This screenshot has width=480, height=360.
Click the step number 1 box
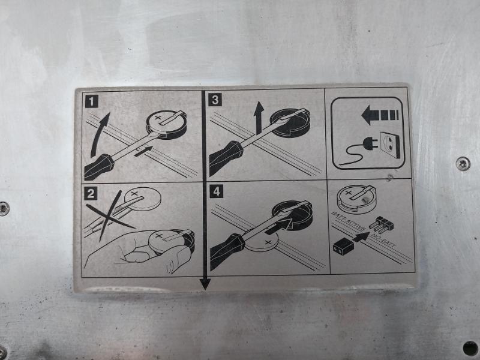[x=92, y=101]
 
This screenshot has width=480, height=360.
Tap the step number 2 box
[x=91, y=194]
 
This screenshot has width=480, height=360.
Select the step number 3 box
[x=215, y=100]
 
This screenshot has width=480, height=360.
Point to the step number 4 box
[x=216, y=191]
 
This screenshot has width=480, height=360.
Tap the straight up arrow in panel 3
[x=259, y=118]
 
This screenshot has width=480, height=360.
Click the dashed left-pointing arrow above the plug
[x=380, y=115]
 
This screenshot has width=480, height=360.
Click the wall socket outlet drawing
[x=389, y=145]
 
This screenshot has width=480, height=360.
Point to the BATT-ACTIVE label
[x=349, y=221]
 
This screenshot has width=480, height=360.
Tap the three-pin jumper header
[x=382, y=224]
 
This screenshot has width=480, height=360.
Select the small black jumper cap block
[x=342, y=247]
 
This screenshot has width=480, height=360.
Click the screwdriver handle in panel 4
[x=227, y=251]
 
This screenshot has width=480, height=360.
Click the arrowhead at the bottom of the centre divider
[x=205, y=284]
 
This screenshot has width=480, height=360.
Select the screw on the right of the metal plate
[x=462, y=163]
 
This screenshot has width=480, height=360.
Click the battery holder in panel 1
[x=167, y=124]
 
